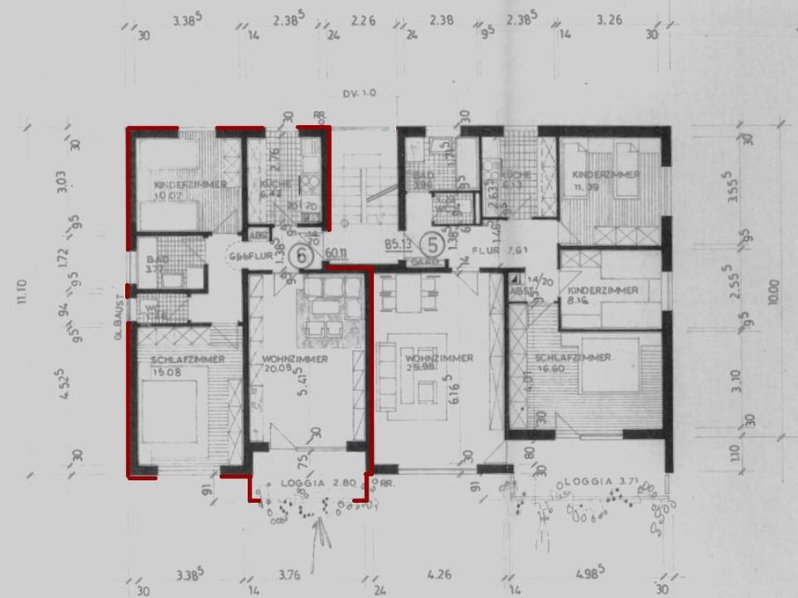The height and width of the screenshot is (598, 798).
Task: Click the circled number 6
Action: (x=304, y=256)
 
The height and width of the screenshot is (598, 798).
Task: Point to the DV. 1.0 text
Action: (x=359, y=93)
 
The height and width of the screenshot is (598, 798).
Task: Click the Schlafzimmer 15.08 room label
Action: (x=187, y=365)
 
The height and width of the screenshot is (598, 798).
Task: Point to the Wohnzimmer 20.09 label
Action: (x=295, y=363)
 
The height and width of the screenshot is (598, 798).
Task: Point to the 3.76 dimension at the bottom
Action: (x=289, y=576)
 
